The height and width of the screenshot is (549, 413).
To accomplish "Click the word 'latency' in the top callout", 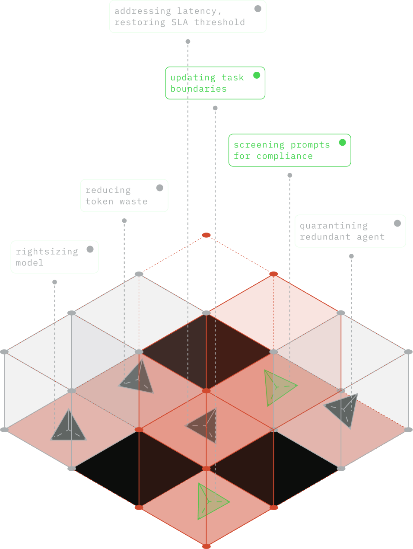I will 199,11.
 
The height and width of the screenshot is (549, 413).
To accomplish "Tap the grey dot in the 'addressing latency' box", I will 258,9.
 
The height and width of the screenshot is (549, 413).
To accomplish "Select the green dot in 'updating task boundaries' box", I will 257,75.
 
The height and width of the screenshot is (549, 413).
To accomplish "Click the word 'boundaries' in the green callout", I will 198,89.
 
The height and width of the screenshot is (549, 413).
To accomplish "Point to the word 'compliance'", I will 284,156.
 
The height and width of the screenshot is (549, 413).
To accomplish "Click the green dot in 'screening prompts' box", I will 343,143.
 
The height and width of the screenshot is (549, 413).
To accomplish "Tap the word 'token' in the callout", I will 99,201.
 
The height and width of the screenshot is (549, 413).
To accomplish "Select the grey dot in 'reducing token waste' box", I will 160,188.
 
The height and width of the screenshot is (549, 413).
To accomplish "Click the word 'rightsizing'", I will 47,252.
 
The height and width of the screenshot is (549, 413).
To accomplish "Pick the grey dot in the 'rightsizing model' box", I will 90,249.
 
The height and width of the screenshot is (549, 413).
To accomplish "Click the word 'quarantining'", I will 334,226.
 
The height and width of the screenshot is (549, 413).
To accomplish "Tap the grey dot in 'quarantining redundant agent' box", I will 397,223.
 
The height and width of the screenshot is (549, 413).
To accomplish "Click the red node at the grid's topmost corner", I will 206,235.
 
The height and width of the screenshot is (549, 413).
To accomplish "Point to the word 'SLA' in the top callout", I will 179,22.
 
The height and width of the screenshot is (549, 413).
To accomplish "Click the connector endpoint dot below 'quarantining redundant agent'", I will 351,256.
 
